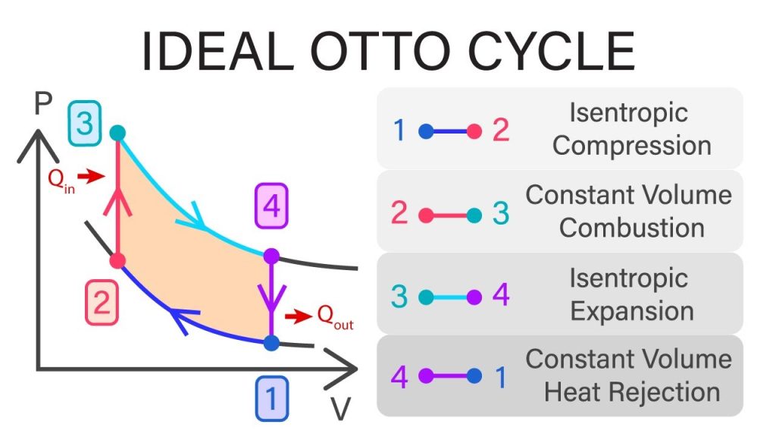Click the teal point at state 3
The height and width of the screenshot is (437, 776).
[117, 133]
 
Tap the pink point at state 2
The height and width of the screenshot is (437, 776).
[117, 261]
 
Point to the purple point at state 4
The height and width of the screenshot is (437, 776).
[271, 256]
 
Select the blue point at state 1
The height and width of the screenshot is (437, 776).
[271, 342]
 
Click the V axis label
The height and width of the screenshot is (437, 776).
[341, 409]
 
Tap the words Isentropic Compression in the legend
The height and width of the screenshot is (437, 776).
[630, 129]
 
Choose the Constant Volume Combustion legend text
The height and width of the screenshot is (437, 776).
[629, 211]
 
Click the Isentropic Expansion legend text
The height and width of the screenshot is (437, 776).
[630, 294]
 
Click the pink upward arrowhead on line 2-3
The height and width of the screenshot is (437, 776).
[117, 201]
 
